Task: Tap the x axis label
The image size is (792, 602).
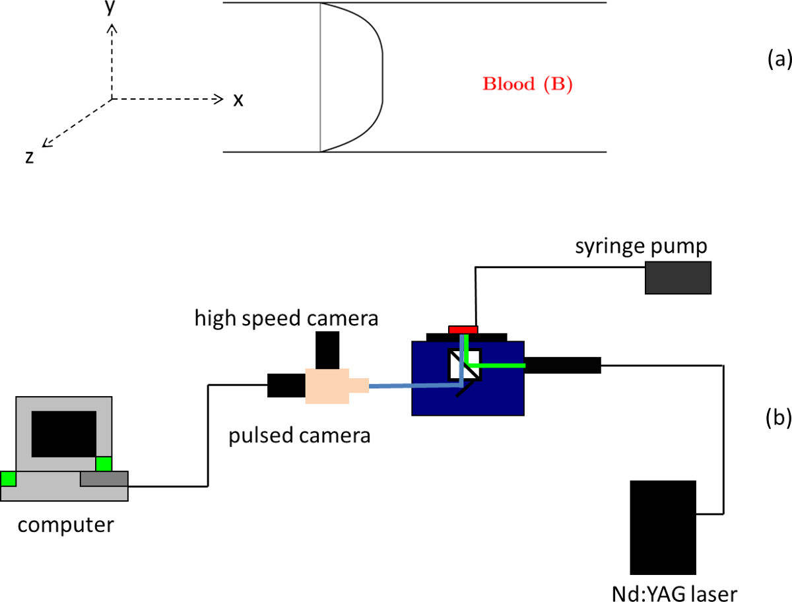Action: coord(238,100)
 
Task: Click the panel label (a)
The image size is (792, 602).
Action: coord(778,60)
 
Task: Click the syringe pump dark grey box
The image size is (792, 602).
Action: coord(678,277)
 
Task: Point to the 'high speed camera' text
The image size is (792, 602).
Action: coord(286,318)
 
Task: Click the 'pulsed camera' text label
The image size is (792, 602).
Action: coord(299,436)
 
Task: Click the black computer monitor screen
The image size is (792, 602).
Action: coord(64,433)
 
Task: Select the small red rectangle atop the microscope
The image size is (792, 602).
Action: coord(463,329)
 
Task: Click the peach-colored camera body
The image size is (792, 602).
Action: coord(328,385)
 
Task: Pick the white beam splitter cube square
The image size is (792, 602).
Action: coord(465,364)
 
